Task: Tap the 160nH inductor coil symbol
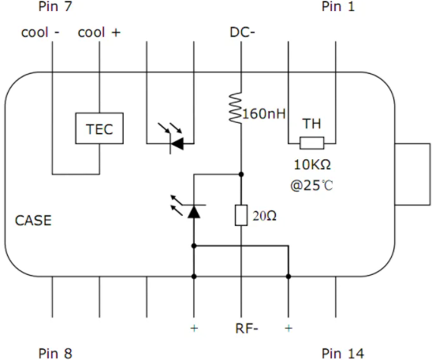[236, 108]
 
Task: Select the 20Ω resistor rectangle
[241, 215]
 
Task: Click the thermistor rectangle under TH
[312, 143]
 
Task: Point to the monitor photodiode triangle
[177, 143]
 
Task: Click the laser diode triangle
[194, 212]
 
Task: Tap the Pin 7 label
[55, 6]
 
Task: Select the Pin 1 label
[338, 6]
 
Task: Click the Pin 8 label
[55, 354]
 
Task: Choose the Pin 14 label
[343, 354]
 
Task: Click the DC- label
[243, 32]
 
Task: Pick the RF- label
[247, 328]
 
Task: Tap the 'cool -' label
[40, 32]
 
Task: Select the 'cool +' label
[99, 32]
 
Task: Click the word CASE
[33, 221]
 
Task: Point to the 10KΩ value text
[312, 165]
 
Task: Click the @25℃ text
[311, 185]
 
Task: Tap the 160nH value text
[264, 113]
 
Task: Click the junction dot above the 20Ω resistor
[241, 174]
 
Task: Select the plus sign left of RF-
[194, 328]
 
